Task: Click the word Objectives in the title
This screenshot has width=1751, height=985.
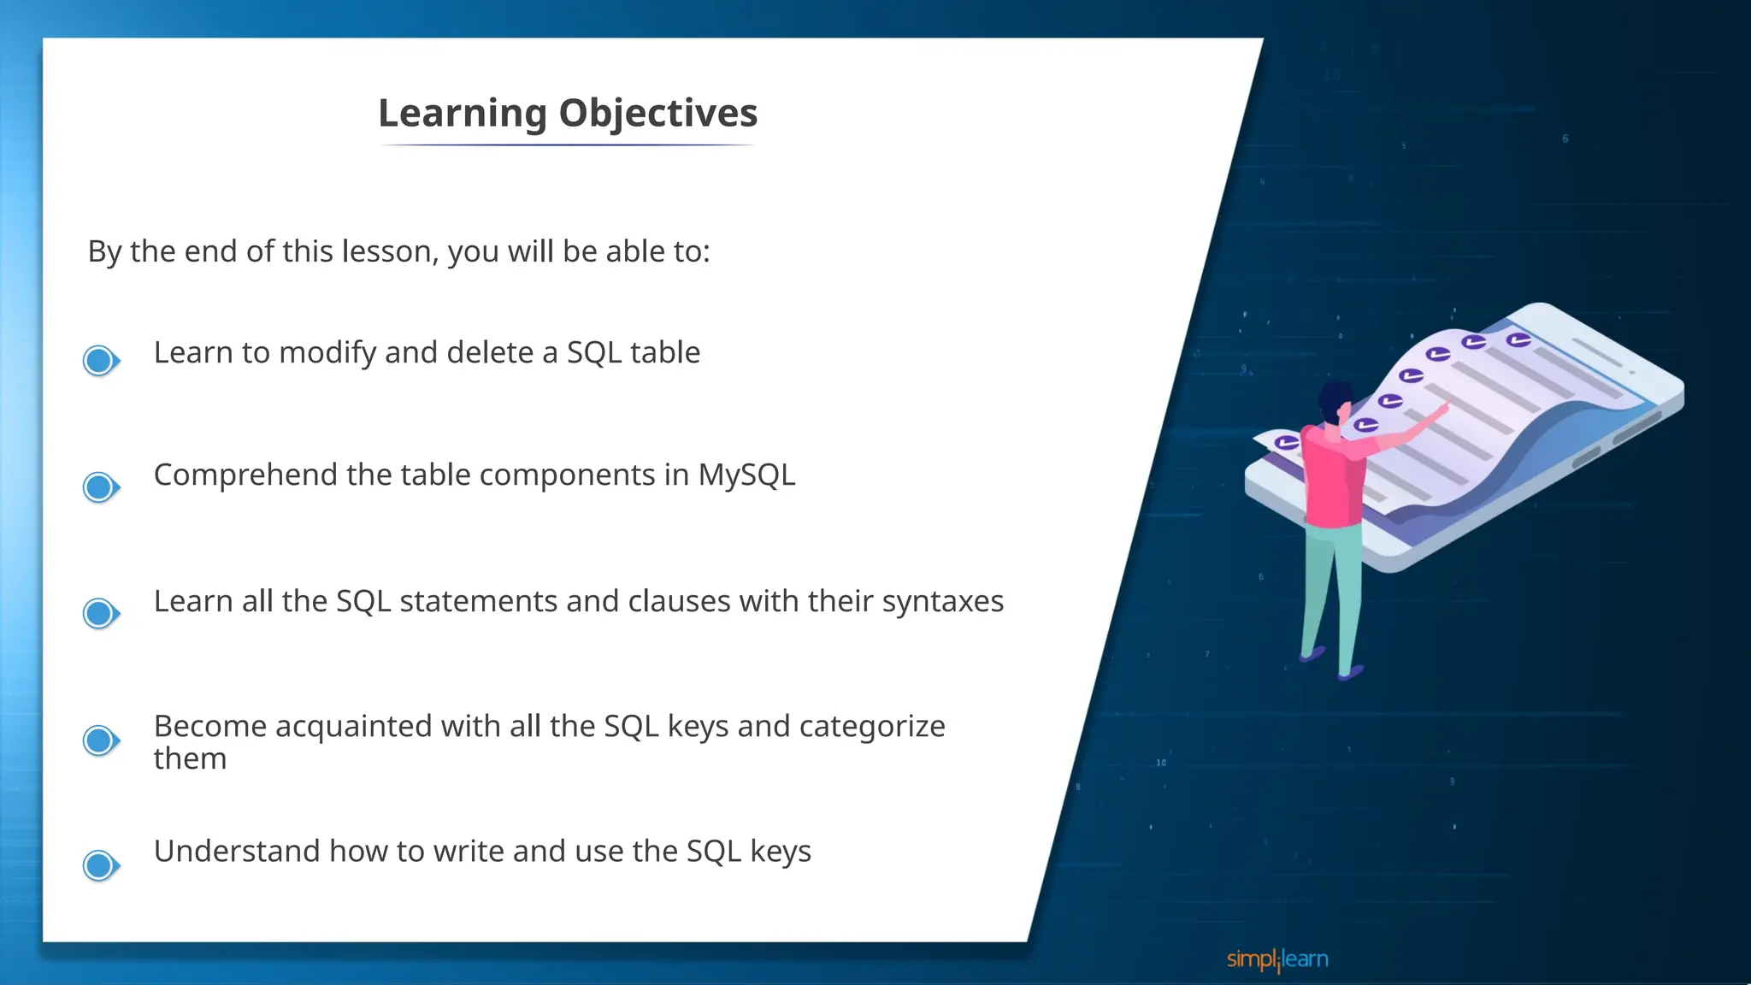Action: point(657,113)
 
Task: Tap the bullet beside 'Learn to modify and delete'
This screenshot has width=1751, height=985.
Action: point(100,360)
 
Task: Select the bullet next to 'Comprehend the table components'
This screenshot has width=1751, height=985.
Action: point(100,487)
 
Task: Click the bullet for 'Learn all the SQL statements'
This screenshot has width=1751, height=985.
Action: point(100,613)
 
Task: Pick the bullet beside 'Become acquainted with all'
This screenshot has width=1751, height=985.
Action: point(100,740)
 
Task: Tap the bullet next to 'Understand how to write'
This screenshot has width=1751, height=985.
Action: point(100,865)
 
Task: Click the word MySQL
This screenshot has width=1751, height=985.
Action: point(746,475)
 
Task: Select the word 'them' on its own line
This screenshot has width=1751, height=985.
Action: point(190,759)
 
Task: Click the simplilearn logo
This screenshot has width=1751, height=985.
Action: point(1277,959)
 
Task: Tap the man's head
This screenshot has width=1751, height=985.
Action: point(1335,400)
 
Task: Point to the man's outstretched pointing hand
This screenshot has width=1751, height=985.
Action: point(1441,410)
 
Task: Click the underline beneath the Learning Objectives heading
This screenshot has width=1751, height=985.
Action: point(568,145)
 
